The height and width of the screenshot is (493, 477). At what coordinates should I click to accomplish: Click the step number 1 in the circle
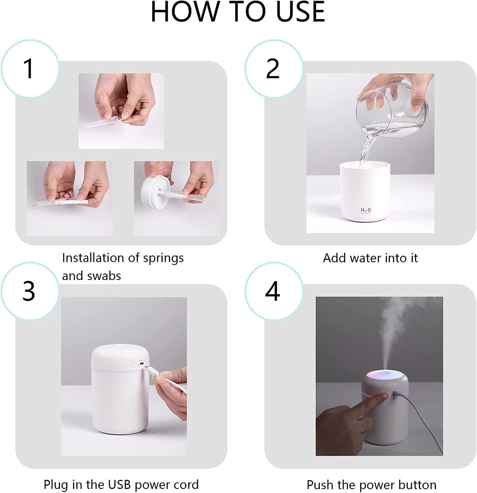point(29,69)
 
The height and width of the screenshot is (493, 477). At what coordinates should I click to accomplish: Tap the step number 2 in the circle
point(273,69)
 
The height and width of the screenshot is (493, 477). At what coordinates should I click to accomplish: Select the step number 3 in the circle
point(29,291)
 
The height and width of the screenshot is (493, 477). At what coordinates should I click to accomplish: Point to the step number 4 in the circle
point(273,291)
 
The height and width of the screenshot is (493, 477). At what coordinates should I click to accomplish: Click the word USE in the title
point(300,12)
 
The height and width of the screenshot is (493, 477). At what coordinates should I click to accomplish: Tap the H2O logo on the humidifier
point(366,210)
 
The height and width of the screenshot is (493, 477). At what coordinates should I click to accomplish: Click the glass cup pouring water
point(391,112)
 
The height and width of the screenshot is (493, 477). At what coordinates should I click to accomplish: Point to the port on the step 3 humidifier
point(141,364)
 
